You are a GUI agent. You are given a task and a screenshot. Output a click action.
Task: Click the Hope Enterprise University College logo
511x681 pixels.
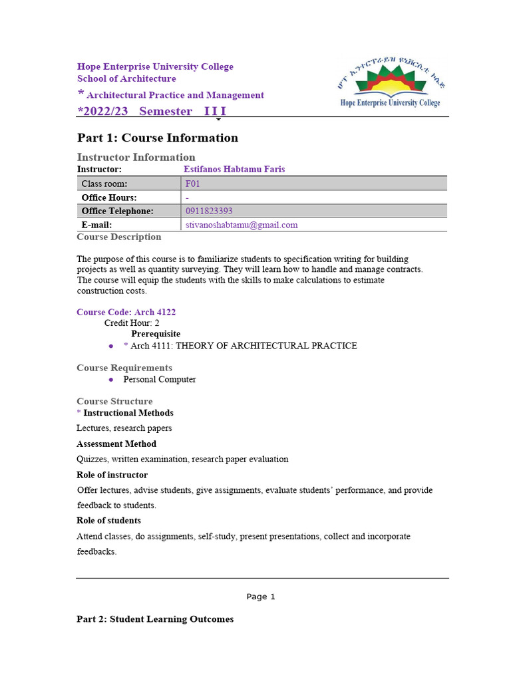click(389, 83)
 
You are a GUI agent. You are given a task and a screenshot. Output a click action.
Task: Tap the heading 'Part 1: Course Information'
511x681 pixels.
click(157, 138)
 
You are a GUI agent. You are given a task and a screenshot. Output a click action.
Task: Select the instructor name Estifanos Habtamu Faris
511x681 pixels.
click(234, 170)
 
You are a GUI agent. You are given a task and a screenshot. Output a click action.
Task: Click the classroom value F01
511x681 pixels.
click(192, 184)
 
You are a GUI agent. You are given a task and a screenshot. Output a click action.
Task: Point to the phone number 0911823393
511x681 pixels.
click(209, 211)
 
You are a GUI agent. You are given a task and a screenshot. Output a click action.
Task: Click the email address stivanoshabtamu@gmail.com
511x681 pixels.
click(242, 225)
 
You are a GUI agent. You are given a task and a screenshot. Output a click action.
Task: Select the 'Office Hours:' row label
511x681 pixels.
click(108, 198)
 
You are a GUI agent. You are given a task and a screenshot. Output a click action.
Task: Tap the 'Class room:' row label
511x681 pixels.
click(104, 184)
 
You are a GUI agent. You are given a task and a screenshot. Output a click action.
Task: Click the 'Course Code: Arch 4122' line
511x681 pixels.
click(126, 312)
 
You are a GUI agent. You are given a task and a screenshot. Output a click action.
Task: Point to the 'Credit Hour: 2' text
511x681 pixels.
click(132, 323)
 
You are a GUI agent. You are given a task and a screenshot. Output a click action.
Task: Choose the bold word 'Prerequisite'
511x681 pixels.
click(156, 334)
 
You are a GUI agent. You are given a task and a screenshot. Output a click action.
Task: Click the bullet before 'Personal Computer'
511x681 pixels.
click(110, 380)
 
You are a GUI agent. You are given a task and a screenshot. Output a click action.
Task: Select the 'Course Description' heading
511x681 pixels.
click(118, 237)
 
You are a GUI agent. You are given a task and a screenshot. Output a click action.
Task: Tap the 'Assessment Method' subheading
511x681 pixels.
click(116, 444)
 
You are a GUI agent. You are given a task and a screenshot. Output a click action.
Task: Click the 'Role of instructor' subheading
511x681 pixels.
click(112, 475)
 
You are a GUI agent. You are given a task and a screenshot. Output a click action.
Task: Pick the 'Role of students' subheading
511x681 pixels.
click(108, 520)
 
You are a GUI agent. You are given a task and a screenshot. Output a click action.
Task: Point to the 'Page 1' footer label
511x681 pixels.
click(260, 597)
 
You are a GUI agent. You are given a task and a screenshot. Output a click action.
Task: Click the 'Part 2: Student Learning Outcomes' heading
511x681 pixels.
click(155, 619)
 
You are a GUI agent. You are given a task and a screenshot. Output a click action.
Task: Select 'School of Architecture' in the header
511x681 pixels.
click(126, 78)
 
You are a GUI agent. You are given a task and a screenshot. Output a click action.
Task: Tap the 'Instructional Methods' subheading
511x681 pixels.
click(128, 413)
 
